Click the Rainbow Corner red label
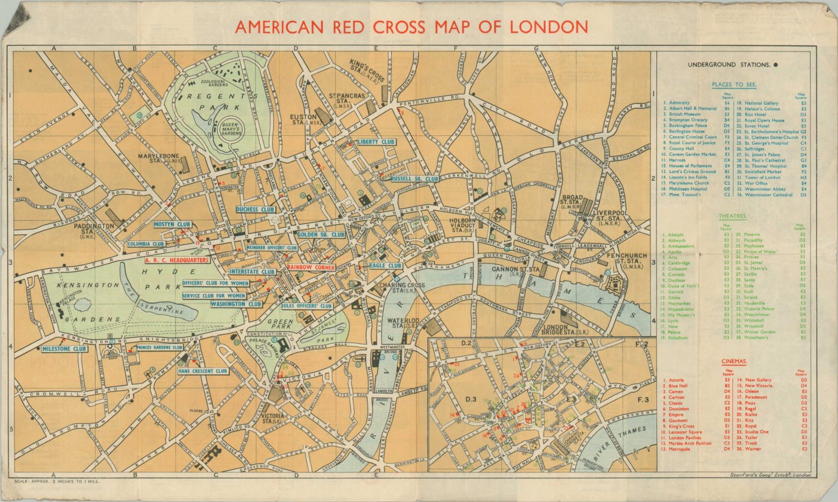click(x=311, y=267)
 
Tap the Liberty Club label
click(x=376, y=142)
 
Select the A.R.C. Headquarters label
click(x=177, y=260)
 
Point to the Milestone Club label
click(x=65, y=349)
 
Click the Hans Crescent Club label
click(x=203, y=371)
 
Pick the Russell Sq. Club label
click(x=415, y=179)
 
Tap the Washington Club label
click(x=236, y=304)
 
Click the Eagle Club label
click(x=385, y=266)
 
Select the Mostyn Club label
click(x=172, y=224)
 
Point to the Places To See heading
click(x=734, y=84)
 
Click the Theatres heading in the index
click(x=733, y=216)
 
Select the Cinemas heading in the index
click(x=734, y=362)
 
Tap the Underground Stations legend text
click(x=729, y=65)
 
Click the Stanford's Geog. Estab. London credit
click(x=770, y=475)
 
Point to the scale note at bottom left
click(x=49, y=481)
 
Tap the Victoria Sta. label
click(x=276, y=419)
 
